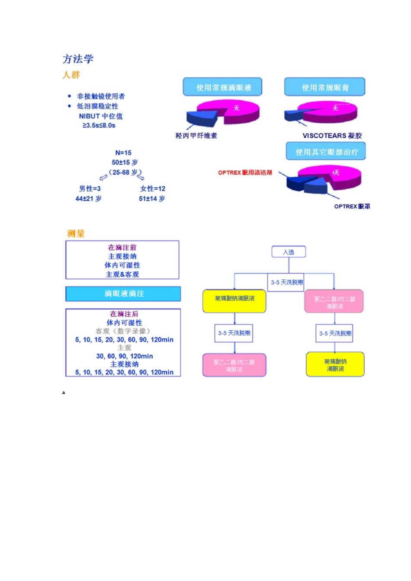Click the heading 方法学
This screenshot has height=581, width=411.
click(x=78, y=59)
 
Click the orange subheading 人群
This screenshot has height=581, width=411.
click(x=71, y=75)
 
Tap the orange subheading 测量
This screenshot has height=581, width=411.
click(x=76, y=233)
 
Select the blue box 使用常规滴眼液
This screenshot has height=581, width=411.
click(x=223, y=87)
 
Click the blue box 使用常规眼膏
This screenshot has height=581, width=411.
click(x=325, y=87)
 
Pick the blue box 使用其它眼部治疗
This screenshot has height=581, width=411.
click(x=326, y=152)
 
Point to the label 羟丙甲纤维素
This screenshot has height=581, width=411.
click(x=196, y=136)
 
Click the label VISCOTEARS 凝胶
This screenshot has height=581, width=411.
click(x=332, y=136)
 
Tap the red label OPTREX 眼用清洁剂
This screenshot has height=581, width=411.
click(x=245, y=172)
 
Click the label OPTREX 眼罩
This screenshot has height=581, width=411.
click(x=352, y=206)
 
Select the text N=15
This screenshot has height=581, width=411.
click(x=123, y=153)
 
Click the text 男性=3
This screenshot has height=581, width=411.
click(x=90, y=188)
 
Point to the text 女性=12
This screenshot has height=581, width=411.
click(x=152, y=188)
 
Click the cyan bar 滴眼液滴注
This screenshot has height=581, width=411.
click(x=123, y=294)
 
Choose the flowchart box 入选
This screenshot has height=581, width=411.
click(x=289, y=252)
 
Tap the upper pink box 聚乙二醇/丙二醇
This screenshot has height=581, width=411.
click(x=334, y=302)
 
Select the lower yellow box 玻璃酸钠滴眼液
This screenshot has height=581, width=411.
click(x=335, y=364)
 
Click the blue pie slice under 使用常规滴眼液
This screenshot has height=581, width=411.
click(x=200, y=118)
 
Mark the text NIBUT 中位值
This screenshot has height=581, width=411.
click(x=100, y=116)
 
